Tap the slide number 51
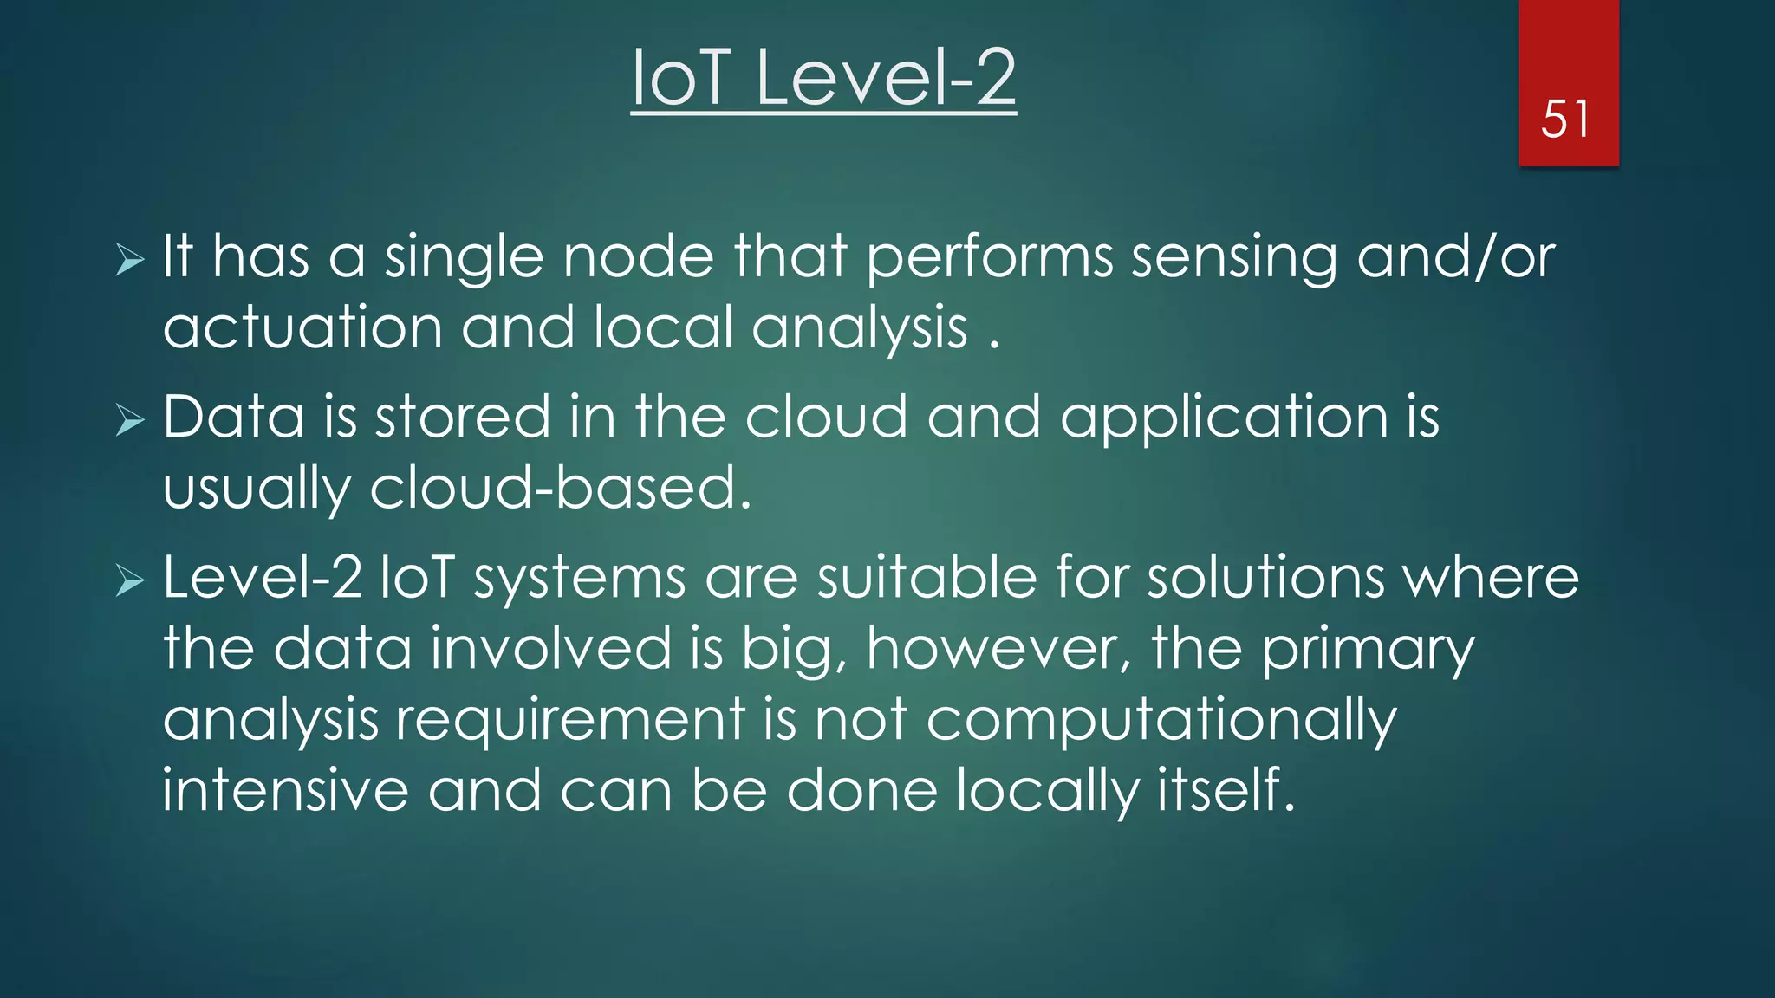pyautogui.click(x=1565, y=120)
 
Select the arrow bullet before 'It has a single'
pyautogui.click(x=130, y=259)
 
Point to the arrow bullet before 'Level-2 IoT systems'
pyautogui.click(x=130, y=580)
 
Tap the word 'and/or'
pyautogui.click(x=1456, y=258)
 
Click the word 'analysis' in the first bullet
pyautogui.click(x=860, y=329)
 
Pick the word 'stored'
pyautogui.click(x=463, y=418)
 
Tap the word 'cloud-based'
pyautogui.click(x=559, y=489)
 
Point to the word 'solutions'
pyautogui.click(x=1266, y=578)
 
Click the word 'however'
pyautogui.click(x=998, y=649)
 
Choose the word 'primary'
pyautogui.click(x=1367, y=651)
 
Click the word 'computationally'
pyautogui.click(x=1161, y=722)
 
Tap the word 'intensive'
pyautogui.click(x=286, y=791)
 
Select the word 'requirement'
pyautogui.click(x=570, y=722)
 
